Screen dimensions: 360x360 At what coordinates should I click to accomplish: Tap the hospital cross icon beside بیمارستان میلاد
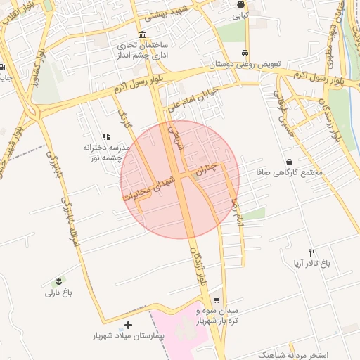127,326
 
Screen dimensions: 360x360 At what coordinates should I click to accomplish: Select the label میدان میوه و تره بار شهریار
218,315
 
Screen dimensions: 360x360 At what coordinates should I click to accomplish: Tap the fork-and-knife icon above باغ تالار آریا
312,252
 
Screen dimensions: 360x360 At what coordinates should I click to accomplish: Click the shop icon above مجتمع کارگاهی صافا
289,161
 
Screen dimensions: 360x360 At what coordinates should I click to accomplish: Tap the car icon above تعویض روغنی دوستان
244,53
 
